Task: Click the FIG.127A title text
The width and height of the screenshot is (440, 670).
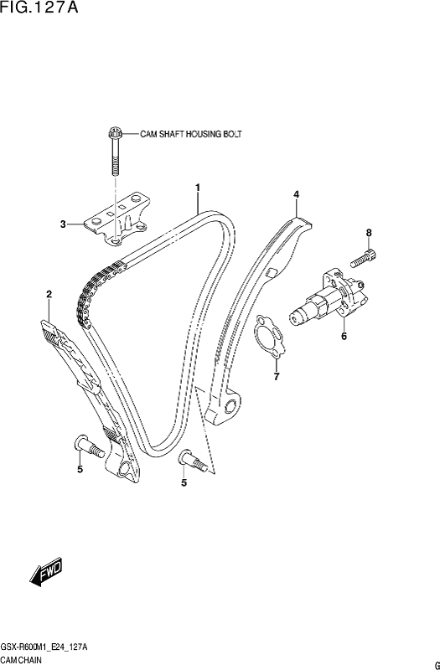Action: tap(39, 8)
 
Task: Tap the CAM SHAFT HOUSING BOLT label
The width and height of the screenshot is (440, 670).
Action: tap(191, 134)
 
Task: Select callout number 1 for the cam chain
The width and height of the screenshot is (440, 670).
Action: tap(198, 187)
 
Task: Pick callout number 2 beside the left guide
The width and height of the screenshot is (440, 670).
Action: tap(49, 294)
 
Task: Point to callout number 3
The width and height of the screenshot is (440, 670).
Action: tap(63, 224)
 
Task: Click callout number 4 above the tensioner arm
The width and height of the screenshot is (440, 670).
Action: tap(296, 194)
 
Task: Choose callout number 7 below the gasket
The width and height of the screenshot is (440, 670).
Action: tap(277, 376)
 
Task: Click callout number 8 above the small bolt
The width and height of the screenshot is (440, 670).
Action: tap(369, 233)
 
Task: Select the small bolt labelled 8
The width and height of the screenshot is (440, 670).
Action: tap(364, 259)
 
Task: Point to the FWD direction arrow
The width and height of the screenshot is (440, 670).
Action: tap(46, 572)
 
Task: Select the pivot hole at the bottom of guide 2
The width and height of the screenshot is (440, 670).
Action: tap(123, 470)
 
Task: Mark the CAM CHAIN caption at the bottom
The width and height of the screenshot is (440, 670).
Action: tap(21, 660)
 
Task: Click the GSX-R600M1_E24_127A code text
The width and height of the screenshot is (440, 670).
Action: tap(44, 647)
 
